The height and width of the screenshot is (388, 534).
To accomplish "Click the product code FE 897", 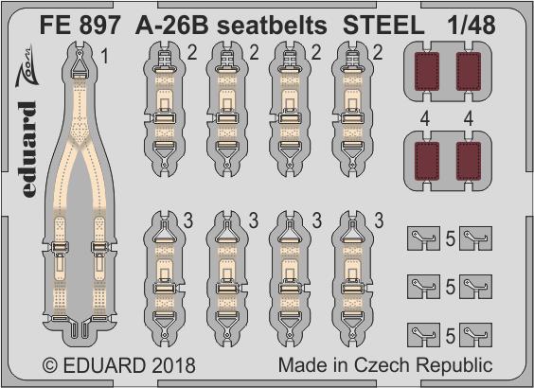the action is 80,26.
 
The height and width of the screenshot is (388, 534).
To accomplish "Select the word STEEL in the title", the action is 383,26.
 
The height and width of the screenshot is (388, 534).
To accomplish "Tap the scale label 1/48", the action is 472,26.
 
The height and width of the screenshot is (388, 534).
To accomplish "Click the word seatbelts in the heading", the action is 272,26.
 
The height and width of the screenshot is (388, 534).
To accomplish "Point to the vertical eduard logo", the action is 28,150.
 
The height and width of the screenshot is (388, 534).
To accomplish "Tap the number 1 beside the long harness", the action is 105,56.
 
